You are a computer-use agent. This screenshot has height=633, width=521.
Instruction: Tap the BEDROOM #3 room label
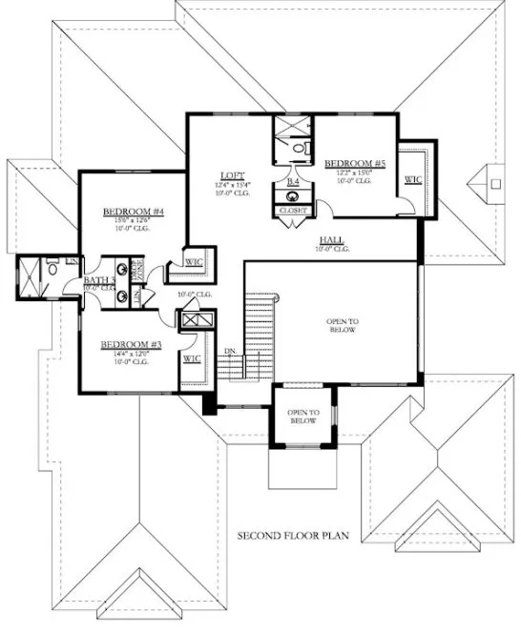click(x=128, y=343)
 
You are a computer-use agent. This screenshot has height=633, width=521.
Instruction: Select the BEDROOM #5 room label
click(x=355, y=164)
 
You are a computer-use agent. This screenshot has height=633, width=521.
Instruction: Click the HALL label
click(x=332, y=239)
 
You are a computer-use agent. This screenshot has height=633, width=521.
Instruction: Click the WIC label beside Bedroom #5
click(x=413, y=178)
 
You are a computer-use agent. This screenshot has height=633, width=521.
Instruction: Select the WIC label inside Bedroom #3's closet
click(x=191, y=359)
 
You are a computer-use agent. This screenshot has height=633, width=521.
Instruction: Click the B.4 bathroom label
click(x=293, y=180)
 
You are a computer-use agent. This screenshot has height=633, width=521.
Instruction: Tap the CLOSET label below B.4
click(x=293, y=210)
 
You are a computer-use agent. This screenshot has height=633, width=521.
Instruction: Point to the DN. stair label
click(x=229, y=351)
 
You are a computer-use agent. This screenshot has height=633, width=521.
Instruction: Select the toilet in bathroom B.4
click(x=299, y=148)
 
